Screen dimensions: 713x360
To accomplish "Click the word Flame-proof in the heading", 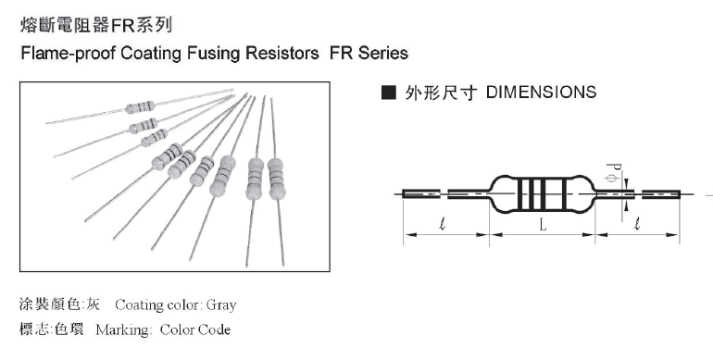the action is (x=69, y=53).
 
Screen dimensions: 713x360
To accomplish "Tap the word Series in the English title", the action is (x=382, y=53).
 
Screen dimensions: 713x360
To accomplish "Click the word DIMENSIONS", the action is (x=541, y=93).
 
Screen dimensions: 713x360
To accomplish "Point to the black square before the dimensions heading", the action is (x=389, y=93).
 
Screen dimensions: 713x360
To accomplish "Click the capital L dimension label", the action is (x=543, y=225).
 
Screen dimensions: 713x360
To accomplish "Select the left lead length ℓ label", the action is (x=443, y=224).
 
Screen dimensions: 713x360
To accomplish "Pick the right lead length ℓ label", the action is (x=637, y=224).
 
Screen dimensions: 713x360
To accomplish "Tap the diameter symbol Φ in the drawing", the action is (x=613, y=179).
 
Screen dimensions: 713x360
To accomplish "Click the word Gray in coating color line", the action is (x=221, y=304).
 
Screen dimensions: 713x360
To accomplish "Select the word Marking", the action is (x=124, y=329).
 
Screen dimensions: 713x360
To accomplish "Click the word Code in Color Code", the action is (x=214, y=329).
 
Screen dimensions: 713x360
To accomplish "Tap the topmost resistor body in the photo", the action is (x=140, y=107).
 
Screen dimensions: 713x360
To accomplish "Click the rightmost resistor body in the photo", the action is (x=276, y=180).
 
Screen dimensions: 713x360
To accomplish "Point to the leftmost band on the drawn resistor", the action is (x=521, y=194).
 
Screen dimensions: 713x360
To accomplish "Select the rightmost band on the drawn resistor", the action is (x=565, y=194).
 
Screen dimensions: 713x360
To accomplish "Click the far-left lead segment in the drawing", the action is (x=421, y=194).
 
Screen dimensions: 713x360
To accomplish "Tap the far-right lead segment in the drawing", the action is (x=661, y=194).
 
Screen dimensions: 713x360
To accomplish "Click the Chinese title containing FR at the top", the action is (x=96, y=25).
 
